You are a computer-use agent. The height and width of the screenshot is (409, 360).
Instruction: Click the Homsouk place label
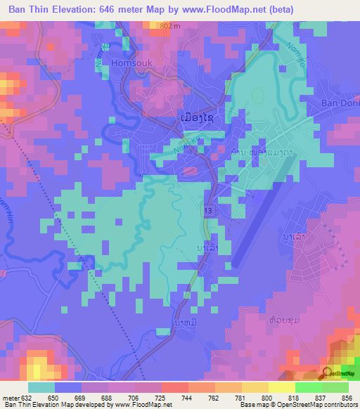(x=131, y=63)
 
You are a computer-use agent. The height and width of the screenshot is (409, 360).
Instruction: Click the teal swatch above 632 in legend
(x=41, y=387)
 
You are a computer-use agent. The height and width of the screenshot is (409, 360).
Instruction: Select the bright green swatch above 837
(x=308, y=387)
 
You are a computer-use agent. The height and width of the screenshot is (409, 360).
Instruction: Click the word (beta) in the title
(x=278, y=9)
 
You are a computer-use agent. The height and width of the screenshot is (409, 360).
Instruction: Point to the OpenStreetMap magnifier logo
(x=327, y=372)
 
